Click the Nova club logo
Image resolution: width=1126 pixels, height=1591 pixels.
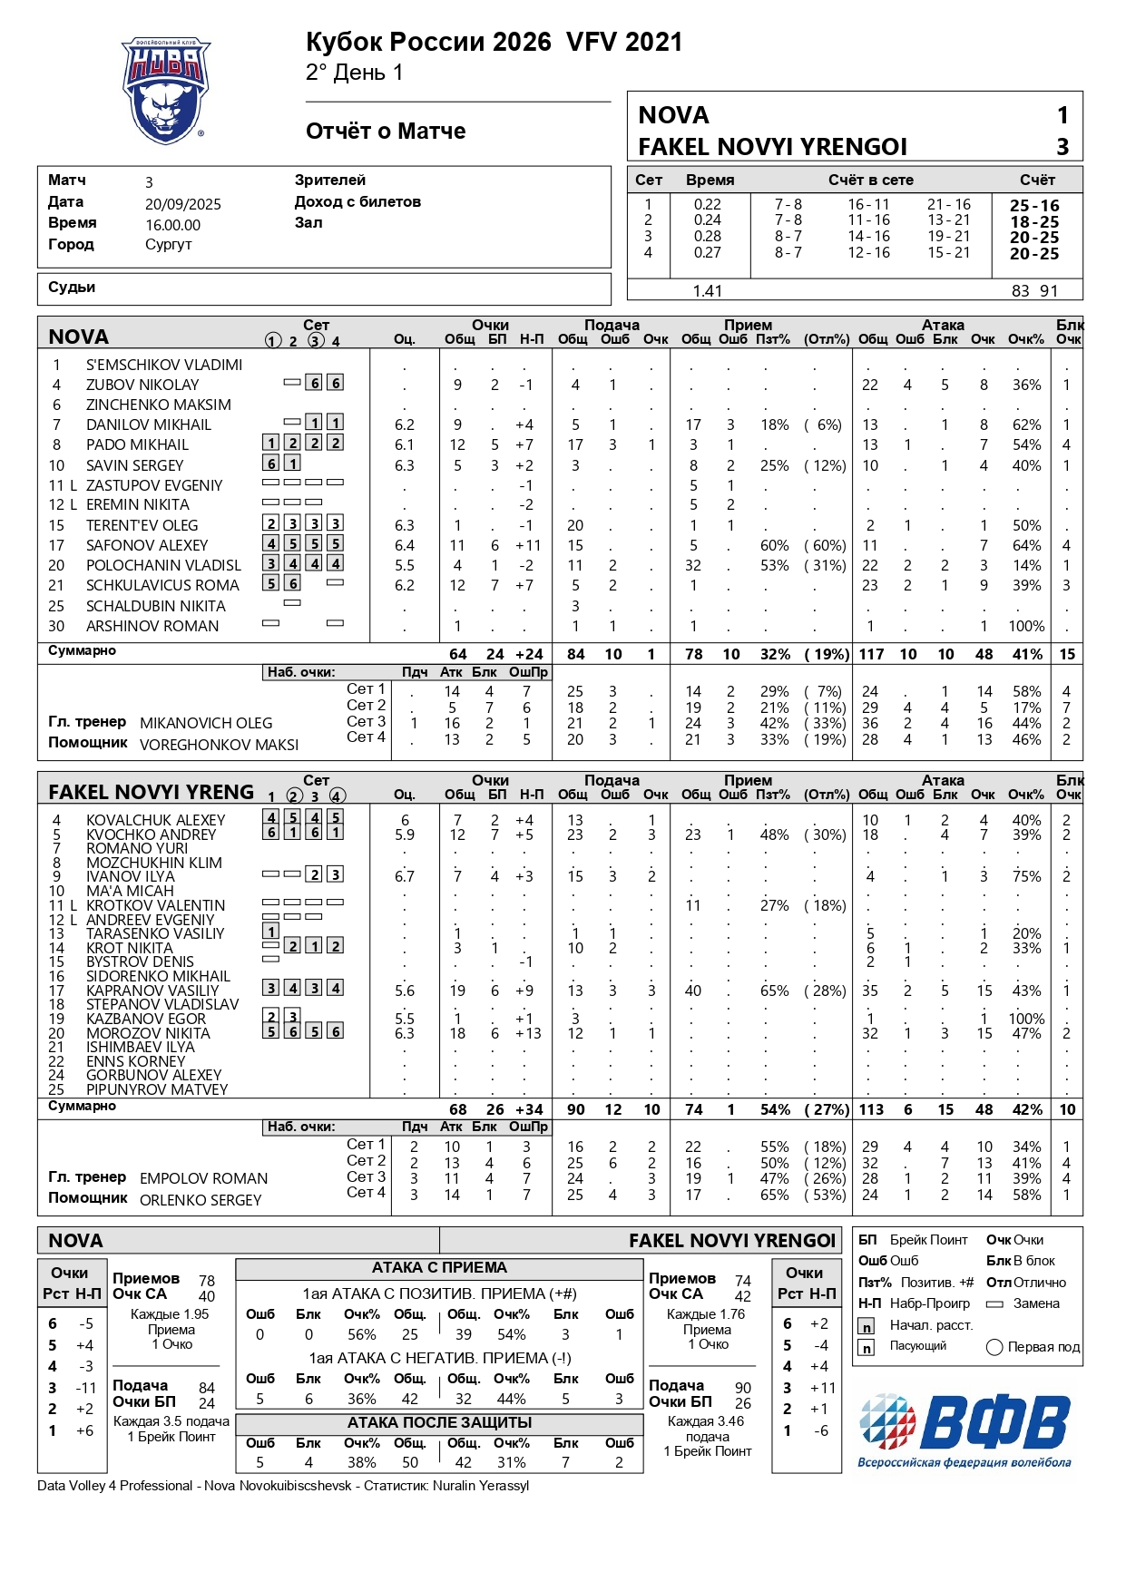click(166, 91)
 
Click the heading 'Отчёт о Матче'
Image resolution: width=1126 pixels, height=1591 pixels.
click(386, 132)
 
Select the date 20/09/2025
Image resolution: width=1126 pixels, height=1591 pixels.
click(183, 205)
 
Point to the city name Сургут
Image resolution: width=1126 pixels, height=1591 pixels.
click(168, 245)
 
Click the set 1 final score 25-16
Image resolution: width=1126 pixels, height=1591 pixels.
click(1034, 206)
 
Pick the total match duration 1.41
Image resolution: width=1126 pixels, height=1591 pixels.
click(707, 291)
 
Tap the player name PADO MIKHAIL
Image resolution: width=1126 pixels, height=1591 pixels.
click(137, 445)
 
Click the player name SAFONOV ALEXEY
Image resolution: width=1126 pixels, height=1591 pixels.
click(147, 546)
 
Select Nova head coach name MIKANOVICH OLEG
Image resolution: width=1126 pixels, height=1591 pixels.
click(206, 724)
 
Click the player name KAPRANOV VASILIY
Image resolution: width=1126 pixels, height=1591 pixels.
click(152, 991)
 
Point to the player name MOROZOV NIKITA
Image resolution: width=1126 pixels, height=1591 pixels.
click(148, 1034)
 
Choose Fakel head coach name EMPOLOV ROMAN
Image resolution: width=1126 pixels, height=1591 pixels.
click(204, 1179)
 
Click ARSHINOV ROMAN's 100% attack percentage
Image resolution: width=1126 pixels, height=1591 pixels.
click(1026, 627)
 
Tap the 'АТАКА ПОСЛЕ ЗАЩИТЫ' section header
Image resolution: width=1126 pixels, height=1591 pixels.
click(439, 1423)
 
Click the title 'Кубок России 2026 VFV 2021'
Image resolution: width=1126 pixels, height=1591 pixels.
click(494, 43)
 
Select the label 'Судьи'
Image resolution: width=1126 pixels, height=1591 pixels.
click(72, 288)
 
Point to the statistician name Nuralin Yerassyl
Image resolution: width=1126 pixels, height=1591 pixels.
click(481, 1486)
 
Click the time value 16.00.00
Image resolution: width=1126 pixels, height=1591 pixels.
click(172, 226)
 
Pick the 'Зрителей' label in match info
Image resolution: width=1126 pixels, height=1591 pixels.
click(330, 181)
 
